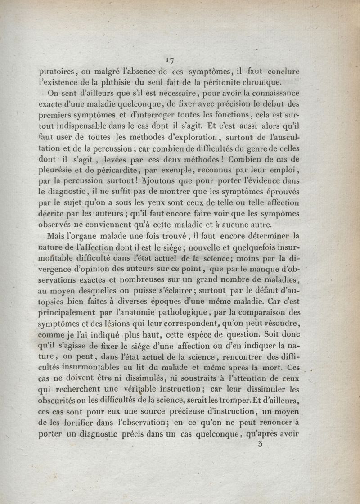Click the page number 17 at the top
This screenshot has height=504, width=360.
(170, 60)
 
